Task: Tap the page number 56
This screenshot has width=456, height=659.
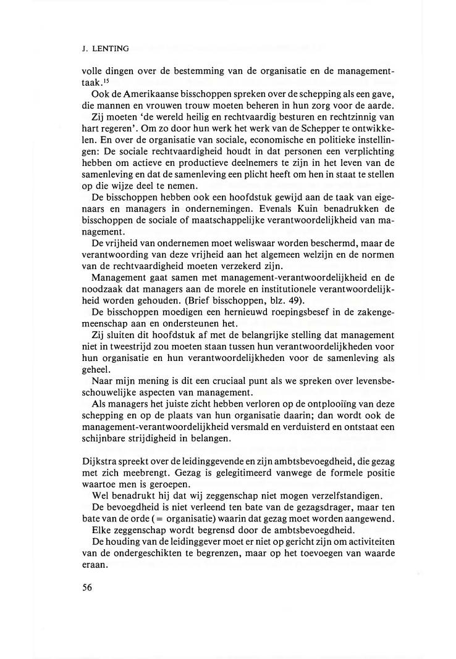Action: [87, 587]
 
